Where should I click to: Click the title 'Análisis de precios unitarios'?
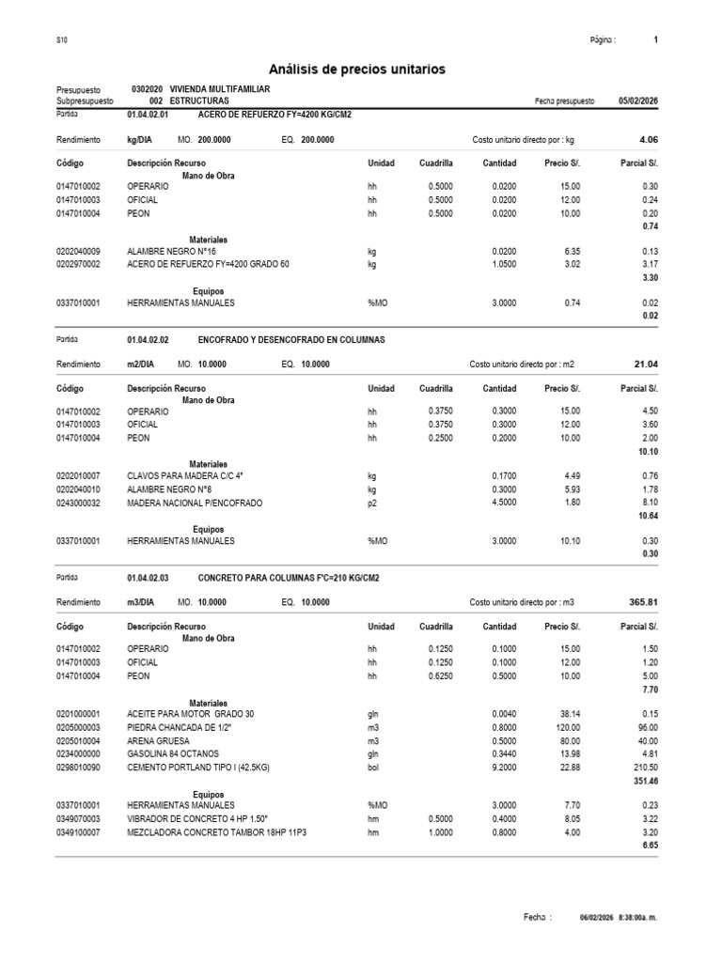click(357, 70)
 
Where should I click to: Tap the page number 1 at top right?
click(655, 40)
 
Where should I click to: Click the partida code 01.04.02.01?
click(148, 115)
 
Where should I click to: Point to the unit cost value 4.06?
click(648, 140)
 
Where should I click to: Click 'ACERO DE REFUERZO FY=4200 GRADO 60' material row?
click(208, 264)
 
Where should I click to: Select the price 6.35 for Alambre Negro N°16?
click(571, 251)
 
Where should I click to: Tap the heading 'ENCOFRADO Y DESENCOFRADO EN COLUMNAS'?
click(291, 339)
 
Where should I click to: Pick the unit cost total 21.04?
click(646, 365)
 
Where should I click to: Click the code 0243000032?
click(78, 503)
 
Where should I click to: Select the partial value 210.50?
click(644, 767)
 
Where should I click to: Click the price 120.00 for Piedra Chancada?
click(567, 727)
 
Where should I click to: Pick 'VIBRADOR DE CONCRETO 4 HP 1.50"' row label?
click(196, 818)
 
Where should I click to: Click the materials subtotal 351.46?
click(644, 780)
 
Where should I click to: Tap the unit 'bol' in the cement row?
click(372, 767)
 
